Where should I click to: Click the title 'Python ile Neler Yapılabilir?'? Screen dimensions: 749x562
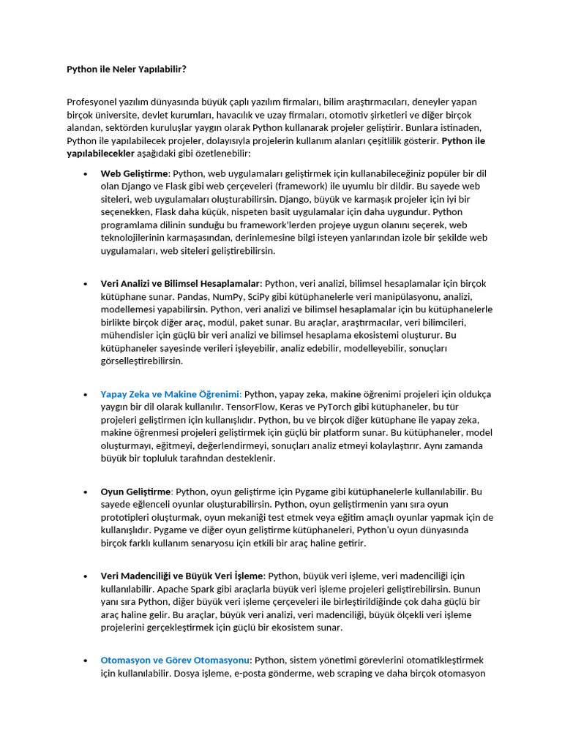(127, 69)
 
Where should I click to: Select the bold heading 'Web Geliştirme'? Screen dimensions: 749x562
(135, 173)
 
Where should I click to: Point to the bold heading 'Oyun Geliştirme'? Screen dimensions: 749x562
(135, 492)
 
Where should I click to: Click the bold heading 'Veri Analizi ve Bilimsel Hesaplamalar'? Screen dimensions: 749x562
(181, 283)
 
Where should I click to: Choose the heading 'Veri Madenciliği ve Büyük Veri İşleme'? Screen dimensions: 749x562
(181, 576)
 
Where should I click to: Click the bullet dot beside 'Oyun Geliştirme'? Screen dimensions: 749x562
(85, 492)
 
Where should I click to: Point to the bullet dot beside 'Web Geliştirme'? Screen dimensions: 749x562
(85, 174)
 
